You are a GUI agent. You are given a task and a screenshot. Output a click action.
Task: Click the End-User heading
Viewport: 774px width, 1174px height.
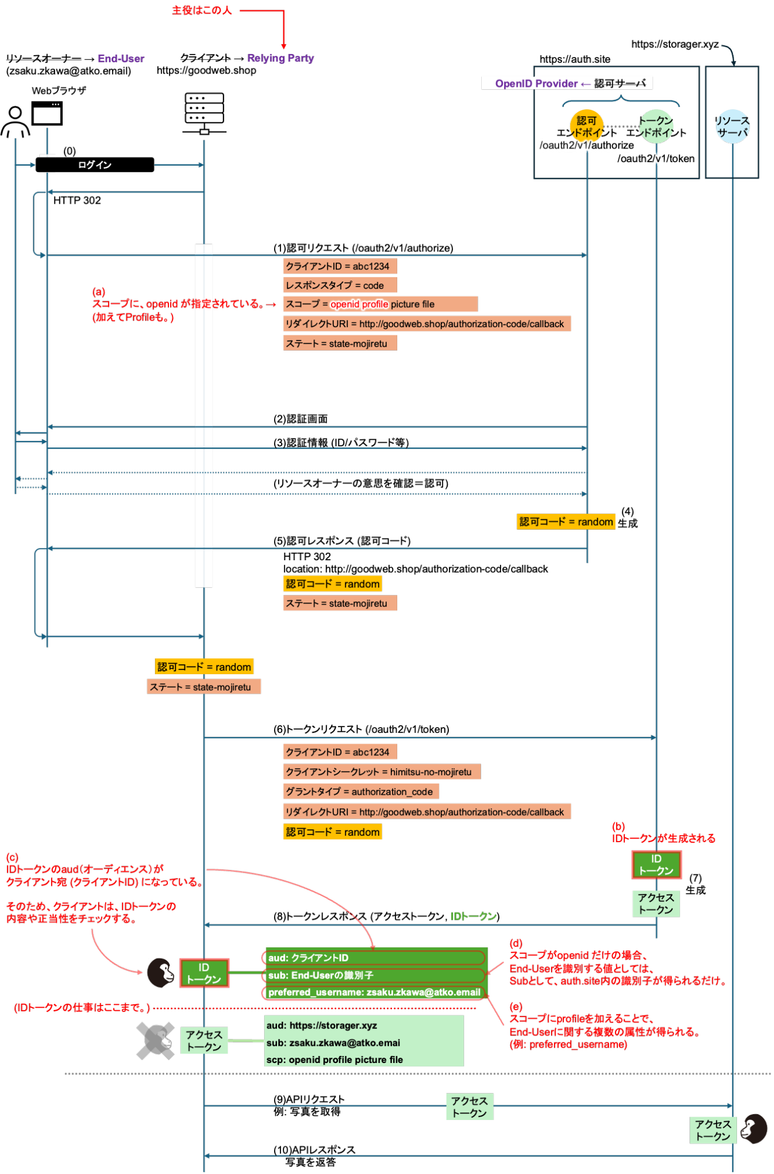tap(121, 59)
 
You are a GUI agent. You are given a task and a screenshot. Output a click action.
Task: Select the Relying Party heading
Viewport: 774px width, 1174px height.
tap(280, 58)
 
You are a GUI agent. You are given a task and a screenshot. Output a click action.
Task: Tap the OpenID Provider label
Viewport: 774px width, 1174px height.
tap(536, 83)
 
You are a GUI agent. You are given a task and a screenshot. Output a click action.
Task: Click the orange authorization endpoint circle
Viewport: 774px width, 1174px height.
tap(586, 126)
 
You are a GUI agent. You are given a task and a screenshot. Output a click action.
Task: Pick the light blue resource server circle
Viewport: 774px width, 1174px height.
tap(732, 126)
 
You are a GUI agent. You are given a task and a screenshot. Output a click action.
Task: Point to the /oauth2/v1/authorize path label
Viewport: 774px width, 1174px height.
tap(586, 145)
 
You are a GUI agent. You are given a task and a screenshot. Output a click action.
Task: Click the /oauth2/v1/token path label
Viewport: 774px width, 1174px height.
tap(656, 159)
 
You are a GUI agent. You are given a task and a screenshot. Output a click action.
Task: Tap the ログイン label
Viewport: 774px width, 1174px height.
tap(94, 165)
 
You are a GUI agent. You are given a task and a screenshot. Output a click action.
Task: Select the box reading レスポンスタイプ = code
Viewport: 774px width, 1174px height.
tap(340, 285)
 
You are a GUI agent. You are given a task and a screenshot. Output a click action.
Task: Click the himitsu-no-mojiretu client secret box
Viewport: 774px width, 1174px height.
tap(381, 772)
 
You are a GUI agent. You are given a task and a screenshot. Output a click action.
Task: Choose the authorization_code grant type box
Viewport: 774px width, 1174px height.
tap(360, 792)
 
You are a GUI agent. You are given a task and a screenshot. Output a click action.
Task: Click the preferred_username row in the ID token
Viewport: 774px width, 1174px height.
tap(374, 993)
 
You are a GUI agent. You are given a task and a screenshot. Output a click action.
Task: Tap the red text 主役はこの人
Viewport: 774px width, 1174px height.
tap(201, 11)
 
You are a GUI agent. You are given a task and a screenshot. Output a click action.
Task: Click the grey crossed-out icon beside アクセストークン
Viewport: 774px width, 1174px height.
tap(155, 1041)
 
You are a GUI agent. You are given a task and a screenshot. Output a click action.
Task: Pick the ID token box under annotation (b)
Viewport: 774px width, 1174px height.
tap(656, 864)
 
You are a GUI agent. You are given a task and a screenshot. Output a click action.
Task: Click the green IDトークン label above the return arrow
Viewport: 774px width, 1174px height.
tap(473, 916)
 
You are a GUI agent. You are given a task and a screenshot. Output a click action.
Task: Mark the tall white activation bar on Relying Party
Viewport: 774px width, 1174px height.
tap(204, 415)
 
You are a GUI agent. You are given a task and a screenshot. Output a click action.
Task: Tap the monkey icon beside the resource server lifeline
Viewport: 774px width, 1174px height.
tap(753, 1129)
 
